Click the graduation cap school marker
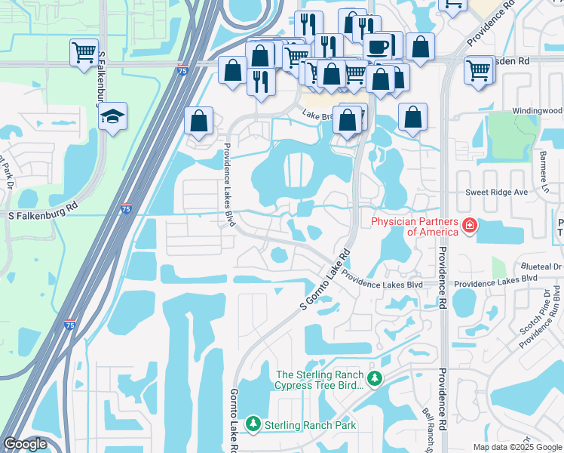pos(112,117)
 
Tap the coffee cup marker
pos(378,47)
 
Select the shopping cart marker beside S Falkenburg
pos(84,53)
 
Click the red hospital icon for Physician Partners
pos(469,225)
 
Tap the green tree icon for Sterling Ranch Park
pos(254,425)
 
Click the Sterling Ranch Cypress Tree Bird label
pos(320,380)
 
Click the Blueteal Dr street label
pos(541,267)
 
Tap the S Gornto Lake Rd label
pos(326,279)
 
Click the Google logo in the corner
pos(26,444)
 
